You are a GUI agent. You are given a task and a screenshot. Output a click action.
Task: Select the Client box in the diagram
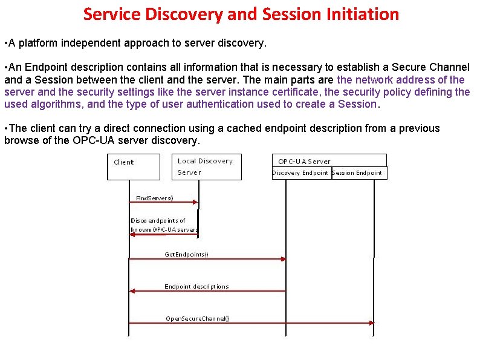[x=134, y=166]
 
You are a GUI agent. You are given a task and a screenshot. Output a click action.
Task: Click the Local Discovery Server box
[x=206, y=166]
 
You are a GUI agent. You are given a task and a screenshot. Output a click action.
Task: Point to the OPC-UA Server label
[x=304, y=162]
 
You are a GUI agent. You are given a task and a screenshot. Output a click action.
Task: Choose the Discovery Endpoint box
[x=300, y=173]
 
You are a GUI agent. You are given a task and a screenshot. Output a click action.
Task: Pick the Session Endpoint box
[x=357, y=173]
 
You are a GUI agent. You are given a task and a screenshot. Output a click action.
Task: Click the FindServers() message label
[x=154, y=198]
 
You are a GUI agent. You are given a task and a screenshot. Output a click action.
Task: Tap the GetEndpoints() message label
[x=186, y=255]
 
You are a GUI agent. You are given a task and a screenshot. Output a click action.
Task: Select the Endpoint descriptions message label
[x=196, y=287]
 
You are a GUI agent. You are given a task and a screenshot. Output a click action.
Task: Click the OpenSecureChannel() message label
[x=198, y=318]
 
